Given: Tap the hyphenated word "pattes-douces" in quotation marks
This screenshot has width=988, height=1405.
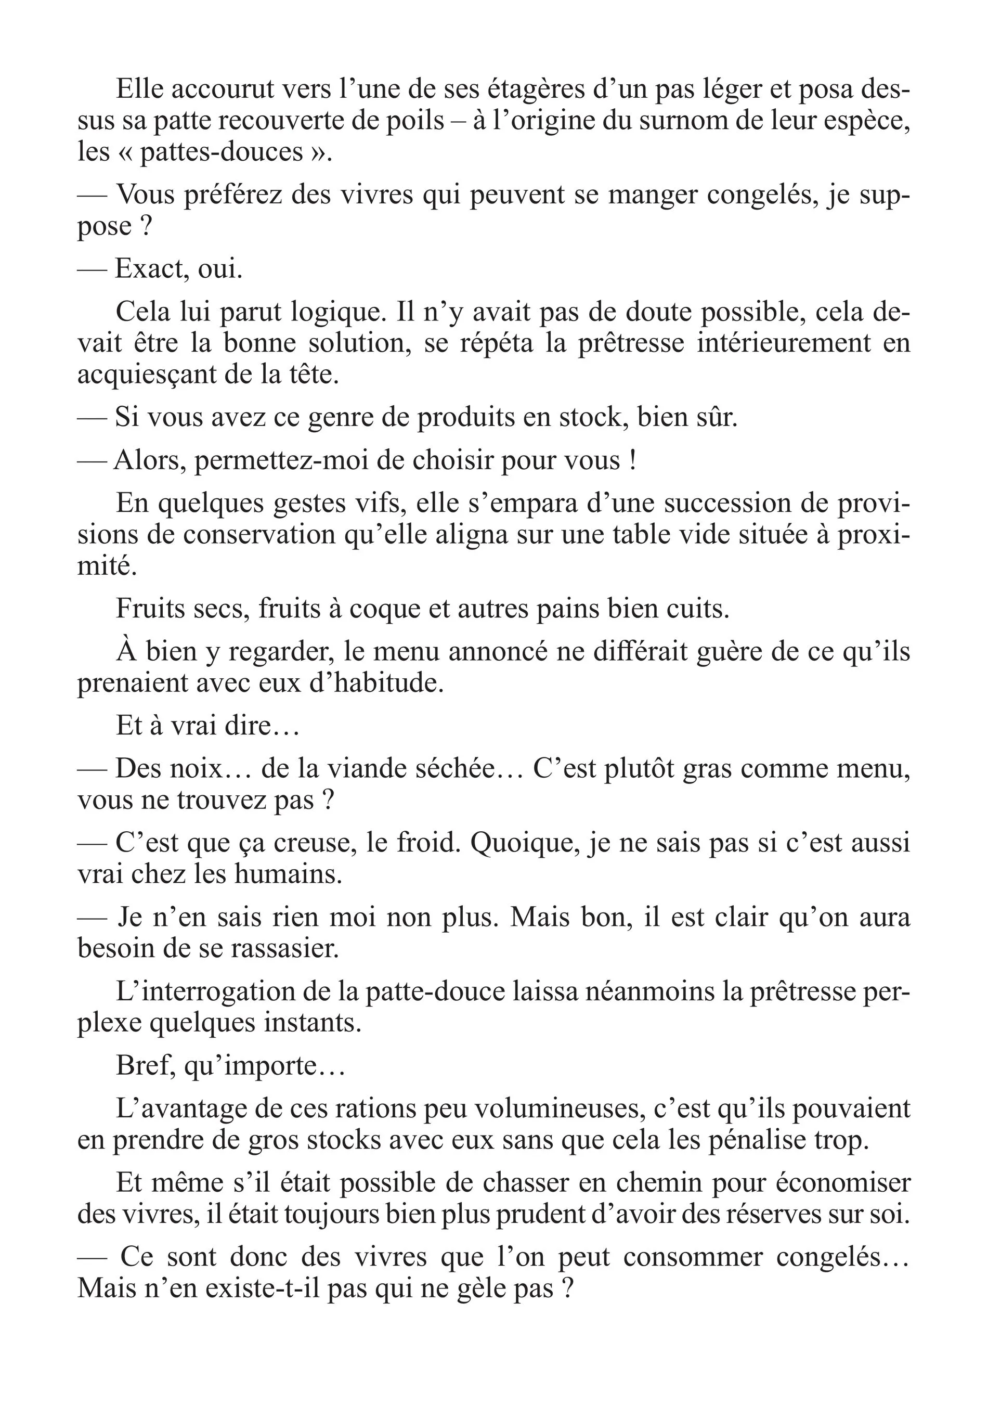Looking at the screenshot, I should point(222,152).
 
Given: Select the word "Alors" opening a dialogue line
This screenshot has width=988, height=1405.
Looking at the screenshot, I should point(149,460).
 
